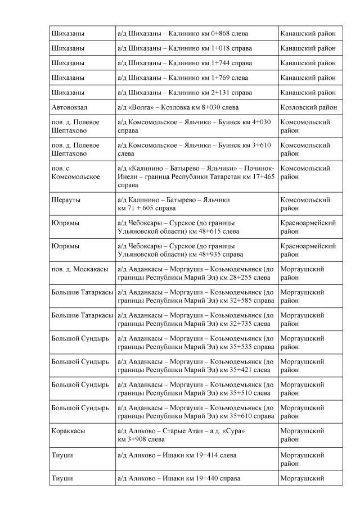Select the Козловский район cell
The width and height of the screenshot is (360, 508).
point(308,107)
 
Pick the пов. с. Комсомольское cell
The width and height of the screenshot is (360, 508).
point(75,173)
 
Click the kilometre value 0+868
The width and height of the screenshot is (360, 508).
point(215,34)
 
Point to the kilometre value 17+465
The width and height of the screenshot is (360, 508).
point(263,176)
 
